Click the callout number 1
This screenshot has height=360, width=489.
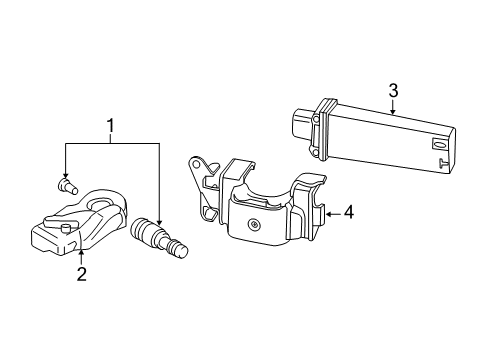click(x=110, y=126)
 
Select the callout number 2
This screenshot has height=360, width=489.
click(x=82, y=274)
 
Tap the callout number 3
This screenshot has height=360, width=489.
click(x=393, y=90)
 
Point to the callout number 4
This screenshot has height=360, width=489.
click(x=348, y=212)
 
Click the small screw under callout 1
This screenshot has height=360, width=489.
click(x=68, y=186)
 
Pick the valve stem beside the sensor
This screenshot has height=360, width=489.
click(x=160, y=238)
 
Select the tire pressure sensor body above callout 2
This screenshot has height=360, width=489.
click(x=79, y=222)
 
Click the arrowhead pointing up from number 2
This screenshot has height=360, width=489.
click(x=81, y=252)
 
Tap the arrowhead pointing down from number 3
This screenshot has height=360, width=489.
click(x=393, y=112)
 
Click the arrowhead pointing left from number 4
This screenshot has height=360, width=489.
click(x=329, y=214)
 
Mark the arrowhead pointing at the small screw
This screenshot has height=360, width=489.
click(x=65, y=175)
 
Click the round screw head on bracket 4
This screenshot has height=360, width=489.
click(x=254, y=225)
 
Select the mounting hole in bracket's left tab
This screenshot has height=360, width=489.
click(x=196, y=163)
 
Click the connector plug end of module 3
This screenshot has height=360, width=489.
click(x=303, y=128)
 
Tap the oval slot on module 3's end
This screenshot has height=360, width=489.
click(x=436, y=144)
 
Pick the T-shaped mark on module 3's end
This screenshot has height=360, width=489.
click(x=443, y=163)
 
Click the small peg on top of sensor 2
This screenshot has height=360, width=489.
click(x=66, y=229)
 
